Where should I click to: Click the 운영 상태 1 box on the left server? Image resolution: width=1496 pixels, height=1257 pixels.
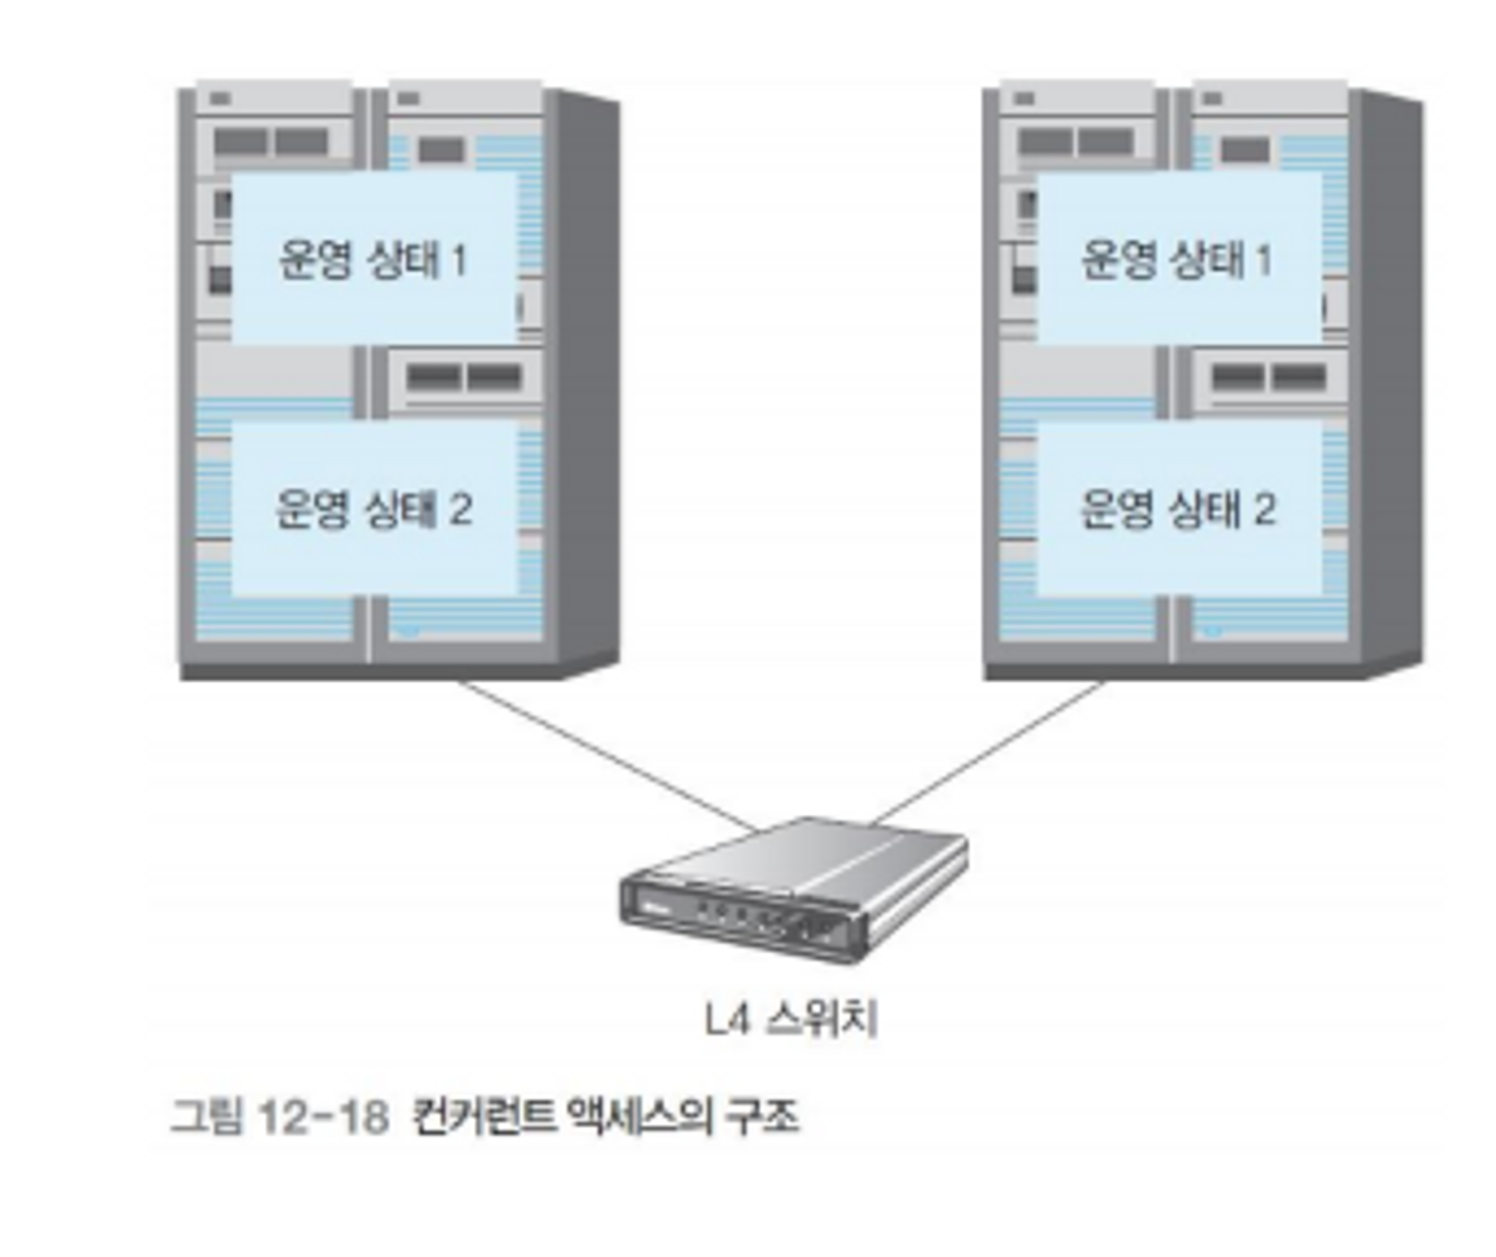click(373, 259)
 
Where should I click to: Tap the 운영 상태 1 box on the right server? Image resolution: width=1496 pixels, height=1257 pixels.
click(1177, 259)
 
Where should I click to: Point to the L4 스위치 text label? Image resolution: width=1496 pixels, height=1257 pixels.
click(790, 1019)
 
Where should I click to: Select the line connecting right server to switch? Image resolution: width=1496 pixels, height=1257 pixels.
click(988, 753)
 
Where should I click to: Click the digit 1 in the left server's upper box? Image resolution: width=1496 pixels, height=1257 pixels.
click(458, 260)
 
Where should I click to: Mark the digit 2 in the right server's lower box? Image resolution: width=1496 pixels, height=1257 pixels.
click(1263, 510)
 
